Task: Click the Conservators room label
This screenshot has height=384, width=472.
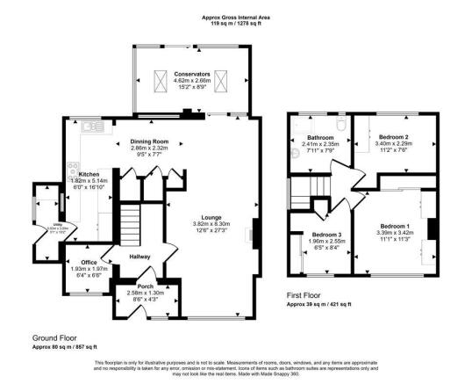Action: click(191, 74)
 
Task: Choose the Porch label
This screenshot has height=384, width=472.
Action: click(145, 286)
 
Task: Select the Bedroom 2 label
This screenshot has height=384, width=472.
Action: click(394, 138)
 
